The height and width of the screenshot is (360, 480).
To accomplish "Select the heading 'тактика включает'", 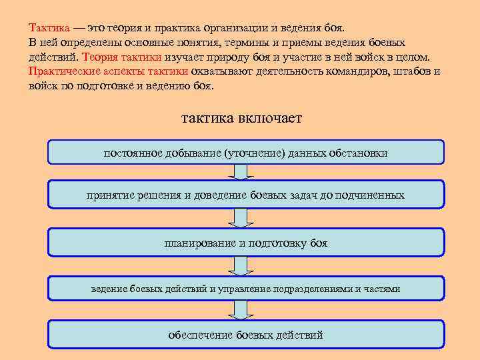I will [x=241, y=118].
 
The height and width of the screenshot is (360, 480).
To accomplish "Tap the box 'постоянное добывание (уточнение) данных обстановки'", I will [x=246, y=153].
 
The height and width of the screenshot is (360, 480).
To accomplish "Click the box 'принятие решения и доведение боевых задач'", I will [x=246, y=195].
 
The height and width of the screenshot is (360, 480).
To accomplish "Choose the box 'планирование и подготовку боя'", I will [x=246, y=243].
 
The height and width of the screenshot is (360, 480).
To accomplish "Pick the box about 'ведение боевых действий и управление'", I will [x=246, y=289].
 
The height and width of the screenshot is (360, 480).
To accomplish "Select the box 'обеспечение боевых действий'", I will [x=246, y=335].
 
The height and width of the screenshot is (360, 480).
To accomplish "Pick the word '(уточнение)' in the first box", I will [x=254, y=153].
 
